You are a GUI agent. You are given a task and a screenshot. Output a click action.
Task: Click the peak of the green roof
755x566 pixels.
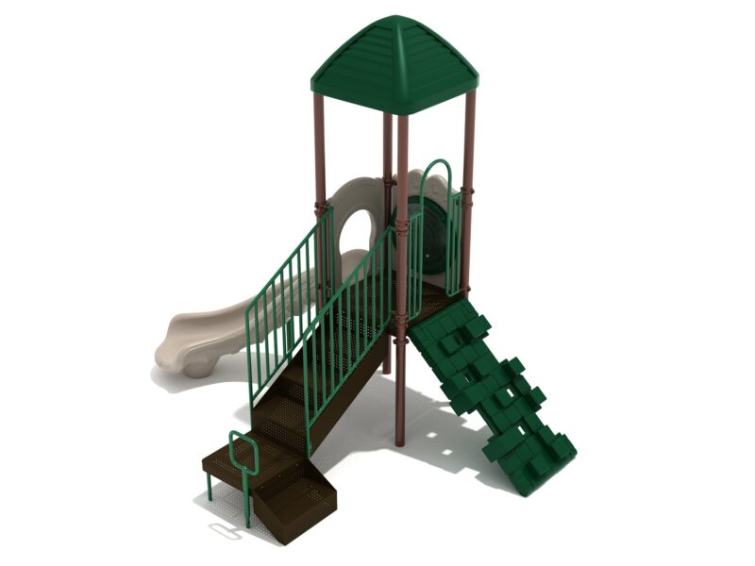click(x=394, y=21)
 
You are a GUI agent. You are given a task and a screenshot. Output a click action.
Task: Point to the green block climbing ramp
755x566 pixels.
click(x=491, y=387)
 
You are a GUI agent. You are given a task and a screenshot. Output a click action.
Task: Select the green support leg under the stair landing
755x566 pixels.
click(x=209, y=486)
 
